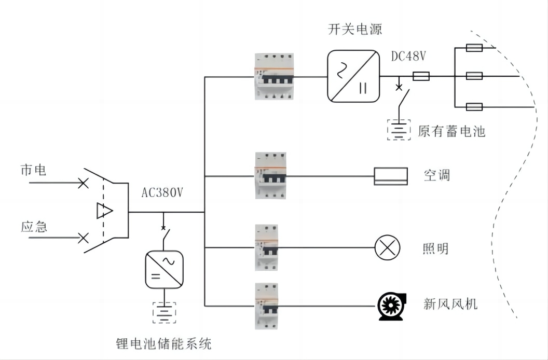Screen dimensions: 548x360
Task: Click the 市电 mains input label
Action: click(x=33, y=170)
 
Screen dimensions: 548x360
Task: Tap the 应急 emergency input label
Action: click(x=34, y=227)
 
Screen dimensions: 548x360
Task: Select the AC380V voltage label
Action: click(x=162, y=192)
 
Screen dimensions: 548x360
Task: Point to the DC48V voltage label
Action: click(x=408, y=56)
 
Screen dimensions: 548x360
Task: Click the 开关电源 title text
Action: click(x=355, y=30)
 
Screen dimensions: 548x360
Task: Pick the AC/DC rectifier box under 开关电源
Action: click(x=353, y=76)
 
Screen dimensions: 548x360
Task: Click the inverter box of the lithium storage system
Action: click(x=165, y=269)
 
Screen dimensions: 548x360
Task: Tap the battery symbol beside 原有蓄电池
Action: click(x=399, y=130)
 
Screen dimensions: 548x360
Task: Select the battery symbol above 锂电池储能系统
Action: click(x=165, y=312)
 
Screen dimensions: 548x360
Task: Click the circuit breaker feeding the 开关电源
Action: click(x=274, y=77)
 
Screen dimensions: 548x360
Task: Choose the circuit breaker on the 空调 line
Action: click(x=270, y=175)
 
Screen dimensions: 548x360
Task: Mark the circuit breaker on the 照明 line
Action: click(x=266, y=247)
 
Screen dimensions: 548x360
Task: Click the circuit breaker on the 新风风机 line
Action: click(x=266, y=306)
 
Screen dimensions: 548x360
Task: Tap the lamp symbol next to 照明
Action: click(x=387, y=247)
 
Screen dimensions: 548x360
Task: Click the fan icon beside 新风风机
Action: click(x=392, y=306)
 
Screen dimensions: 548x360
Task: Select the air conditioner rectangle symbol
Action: click(x=391, y=176)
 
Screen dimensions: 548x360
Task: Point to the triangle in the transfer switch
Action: click(x=104, y=211)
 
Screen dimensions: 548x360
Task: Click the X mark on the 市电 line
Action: click(x=83, y=183)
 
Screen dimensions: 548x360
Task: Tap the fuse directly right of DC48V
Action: click(x=421, y=76)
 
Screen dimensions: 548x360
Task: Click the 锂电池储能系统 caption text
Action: click(x=163, y=343)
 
